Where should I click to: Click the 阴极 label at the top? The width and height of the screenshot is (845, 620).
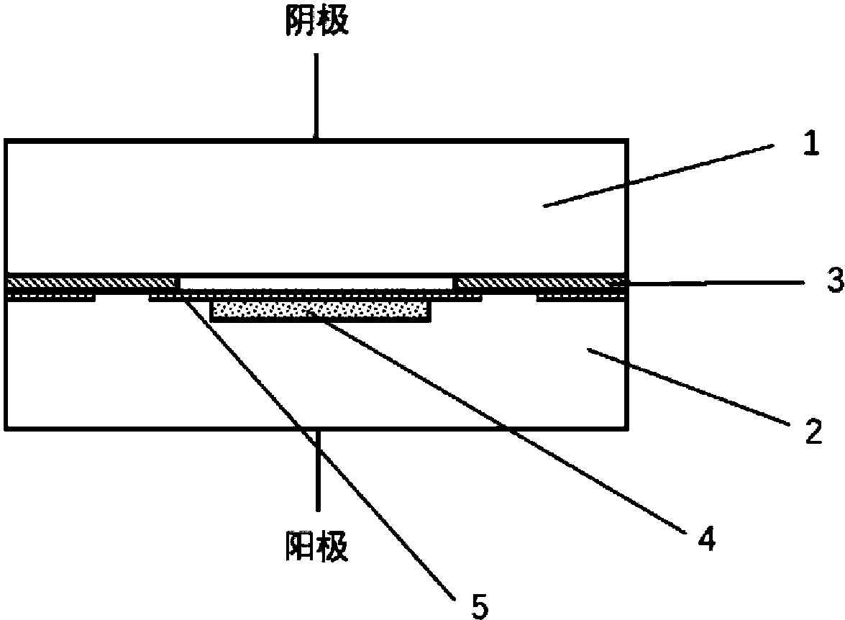(316, 22)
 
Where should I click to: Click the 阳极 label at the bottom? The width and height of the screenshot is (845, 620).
(317, 546)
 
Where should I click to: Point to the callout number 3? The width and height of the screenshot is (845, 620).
(836, 281)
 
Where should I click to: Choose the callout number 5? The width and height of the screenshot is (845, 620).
(480, 606)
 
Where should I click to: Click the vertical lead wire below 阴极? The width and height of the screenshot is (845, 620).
(316, 96)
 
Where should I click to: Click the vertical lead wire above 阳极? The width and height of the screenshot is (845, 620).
(318, 470)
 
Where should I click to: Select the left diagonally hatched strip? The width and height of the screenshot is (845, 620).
(91, 281)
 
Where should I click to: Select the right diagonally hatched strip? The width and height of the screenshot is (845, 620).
(542, 281)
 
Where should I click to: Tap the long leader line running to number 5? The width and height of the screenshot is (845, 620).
(319, 445)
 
